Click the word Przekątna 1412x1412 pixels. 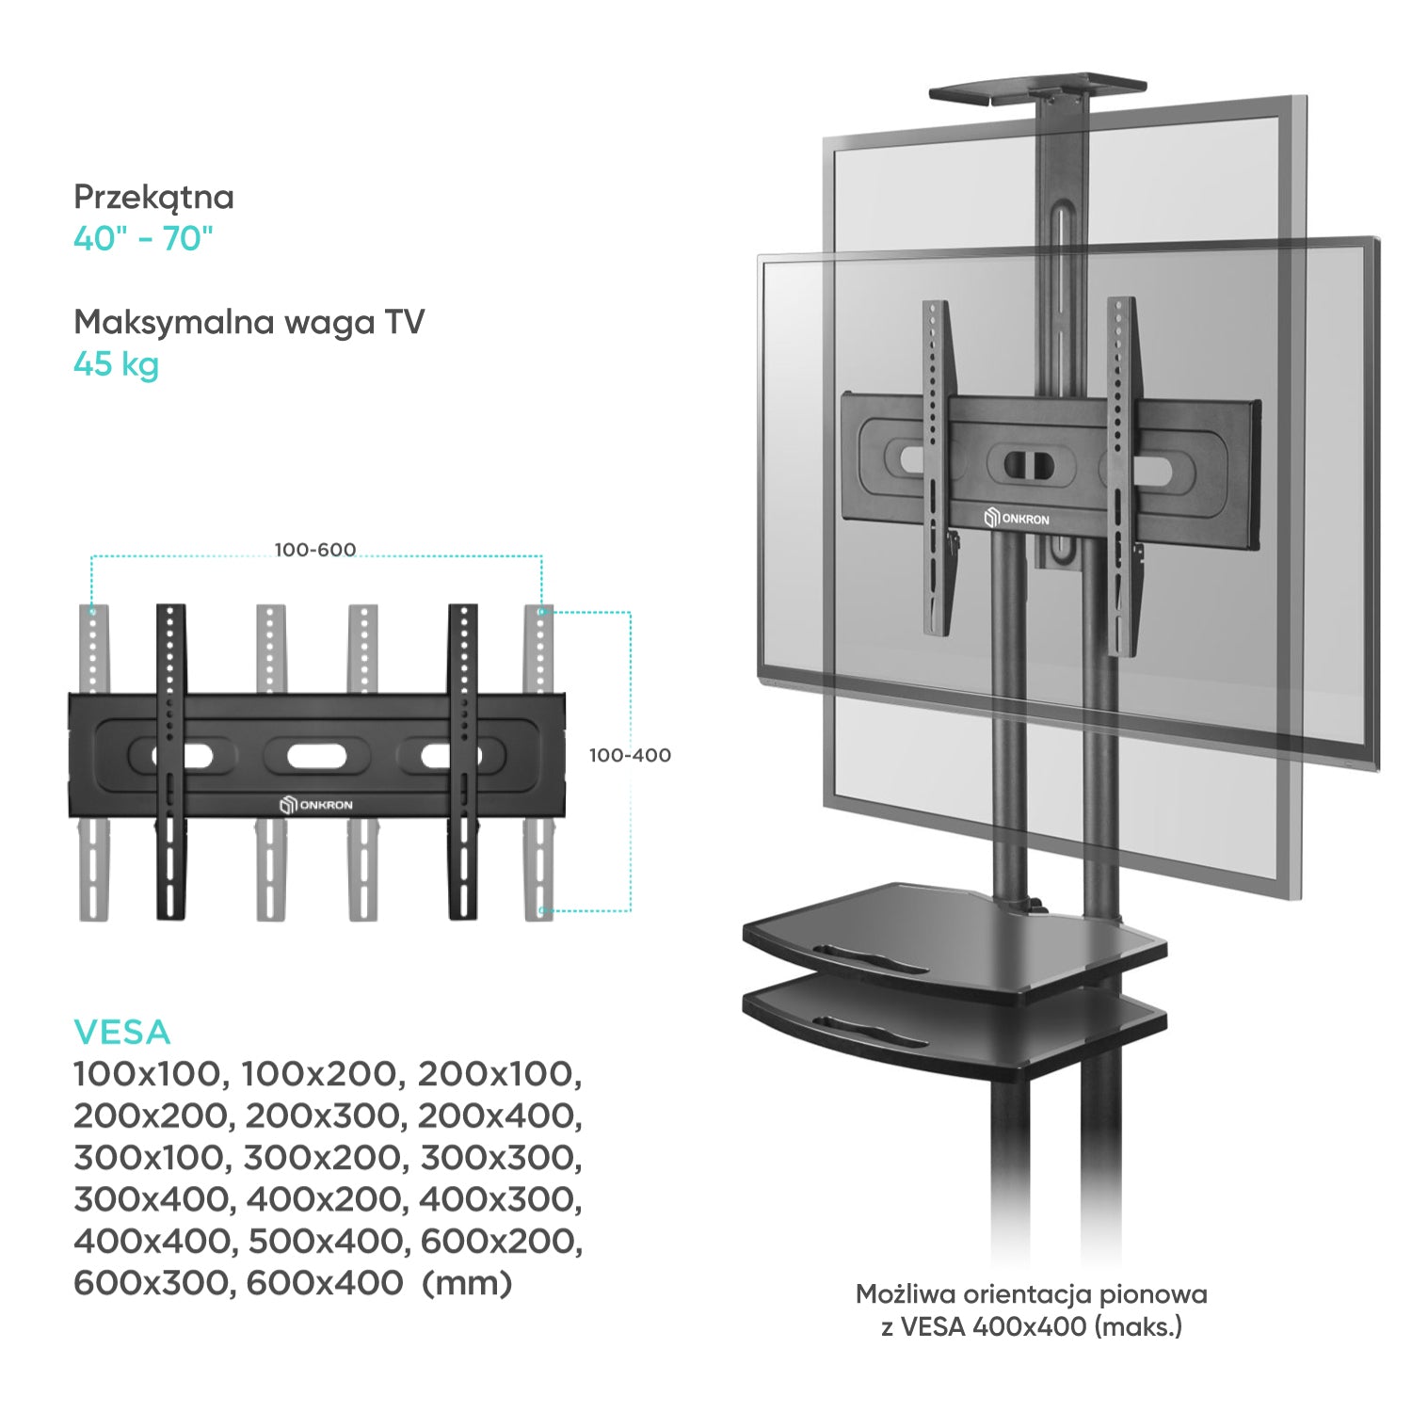(x=153, y=198)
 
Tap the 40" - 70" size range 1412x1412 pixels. (x=144, y=238)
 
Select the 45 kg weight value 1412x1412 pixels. (x=116, y=364)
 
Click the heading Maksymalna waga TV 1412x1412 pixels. (x=249, y=322)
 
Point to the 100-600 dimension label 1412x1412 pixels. (x=315, y=550)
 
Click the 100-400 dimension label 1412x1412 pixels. (x=630, y=755)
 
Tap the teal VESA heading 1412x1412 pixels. (x=122, y=1033)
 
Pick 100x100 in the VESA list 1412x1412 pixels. (x=151, y=1074)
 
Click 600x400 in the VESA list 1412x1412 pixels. (x=325, y=1283)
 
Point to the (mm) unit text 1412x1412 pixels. (x=467, y=1284)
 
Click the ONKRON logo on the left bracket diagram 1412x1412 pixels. (x=316, y=805)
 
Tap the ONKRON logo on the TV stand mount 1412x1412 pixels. (x=1017, y=519)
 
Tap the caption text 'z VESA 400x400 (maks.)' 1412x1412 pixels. (x=1032, y=1327)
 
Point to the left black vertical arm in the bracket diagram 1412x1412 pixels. (x=170, y=762)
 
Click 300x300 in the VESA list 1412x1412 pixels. (x=502, y=1158)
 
